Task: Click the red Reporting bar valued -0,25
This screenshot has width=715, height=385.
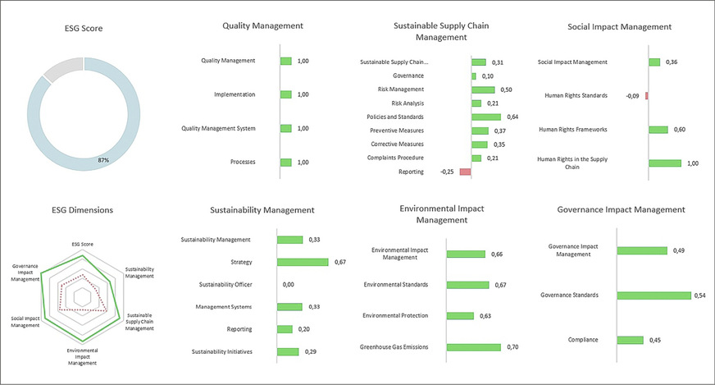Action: (x=465, y=172)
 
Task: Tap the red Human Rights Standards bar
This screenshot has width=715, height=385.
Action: (x=646, y=95)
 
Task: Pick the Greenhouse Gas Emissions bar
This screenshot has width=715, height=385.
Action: (x=474, y=347)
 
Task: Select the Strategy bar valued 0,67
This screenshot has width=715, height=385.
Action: (x=303, y=262)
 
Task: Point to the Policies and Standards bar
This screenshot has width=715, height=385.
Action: (x=486, y=117)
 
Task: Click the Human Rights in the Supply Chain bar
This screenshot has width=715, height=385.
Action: (x=665, y=163)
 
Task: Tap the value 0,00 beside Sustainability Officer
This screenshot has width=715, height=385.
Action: (x=288, y=284)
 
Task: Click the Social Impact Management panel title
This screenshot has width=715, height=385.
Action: (x=619, y=26)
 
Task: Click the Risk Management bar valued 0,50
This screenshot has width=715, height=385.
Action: (x=483, y=89)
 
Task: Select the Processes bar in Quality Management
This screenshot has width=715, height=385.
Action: (x=285, y=162)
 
